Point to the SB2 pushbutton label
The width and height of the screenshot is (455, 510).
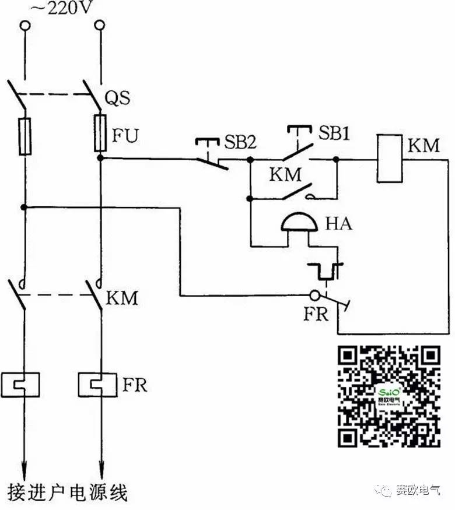[x=240, y=142]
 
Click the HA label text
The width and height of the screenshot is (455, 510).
[x=338, y=223]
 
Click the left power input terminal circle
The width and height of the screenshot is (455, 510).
[x=24, y=26]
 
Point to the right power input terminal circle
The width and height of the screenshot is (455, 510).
[x=100, y=26]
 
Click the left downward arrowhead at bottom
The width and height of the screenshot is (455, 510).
[x=24, y=468]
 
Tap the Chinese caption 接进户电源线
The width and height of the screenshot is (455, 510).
[x=67, y=493]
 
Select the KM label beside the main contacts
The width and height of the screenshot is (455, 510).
[x=122, y=298]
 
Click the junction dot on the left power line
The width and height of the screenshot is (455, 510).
[x=24, y=206]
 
